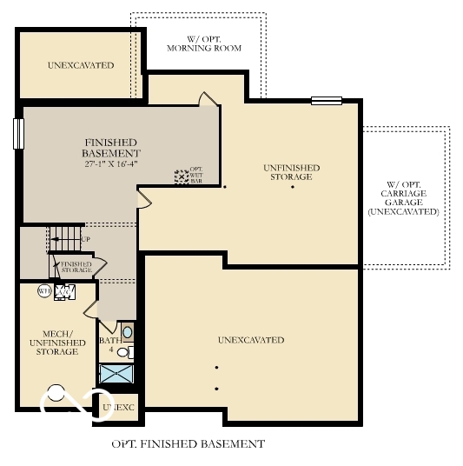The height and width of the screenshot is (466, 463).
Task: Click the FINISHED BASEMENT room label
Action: click(110, 147)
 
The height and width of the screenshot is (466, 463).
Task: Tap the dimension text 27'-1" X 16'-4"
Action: click(111, 163)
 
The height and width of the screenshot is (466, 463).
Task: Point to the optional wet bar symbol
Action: click(181, 176)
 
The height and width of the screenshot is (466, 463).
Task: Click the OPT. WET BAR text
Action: click(195, 176)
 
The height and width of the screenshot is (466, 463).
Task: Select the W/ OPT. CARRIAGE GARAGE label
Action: click(403, 197)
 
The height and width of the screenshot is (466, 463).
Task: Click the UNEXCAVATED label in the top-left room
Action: click(81, 65)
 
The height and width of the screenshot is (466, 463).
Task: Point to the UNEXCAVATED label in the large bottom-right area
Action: click(251, 340)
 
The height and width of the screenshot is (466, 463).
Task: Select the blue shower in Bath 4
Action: click(116, 374)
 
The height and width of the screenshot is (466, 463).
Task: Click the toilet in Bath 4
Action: click(124, 351)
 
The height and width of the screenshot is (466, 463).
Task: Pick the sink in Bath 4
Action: click(127, 332)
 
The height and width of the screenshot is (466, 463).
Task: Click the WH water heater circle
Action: click(43, 291)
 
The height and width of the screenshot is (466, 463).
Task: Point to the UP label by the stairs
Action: click(85, 238)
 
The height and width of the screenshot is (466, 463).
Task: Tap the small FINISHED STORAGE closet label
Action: click(76, 267)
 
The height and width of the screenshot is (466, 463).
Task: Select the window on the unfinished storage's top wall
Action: click(327, 100)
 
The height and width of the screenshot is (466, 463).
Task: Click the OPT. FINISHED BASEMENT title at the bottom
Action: click(189, 444)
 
